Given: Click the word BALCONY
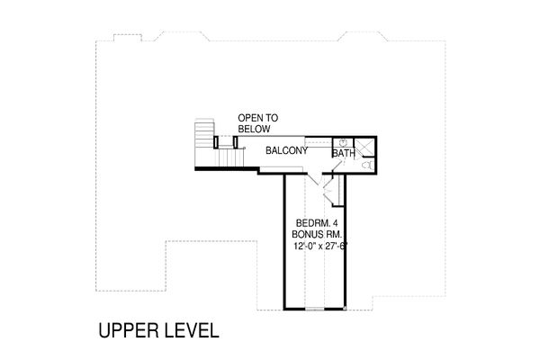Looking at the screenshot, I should (x=287, y=150).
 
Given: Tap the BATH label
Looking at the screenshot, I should (x=343, y=154).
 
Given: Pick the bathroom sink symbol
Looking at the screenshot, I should (x=342, y=142).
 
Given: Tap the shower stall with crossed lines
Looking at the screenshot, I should (x=365, y=146).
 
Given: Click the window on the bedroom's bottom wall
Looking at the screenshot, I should (x=315, y=309).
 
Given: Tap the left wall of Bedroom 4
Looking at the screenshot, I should (x=285, y=243).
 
